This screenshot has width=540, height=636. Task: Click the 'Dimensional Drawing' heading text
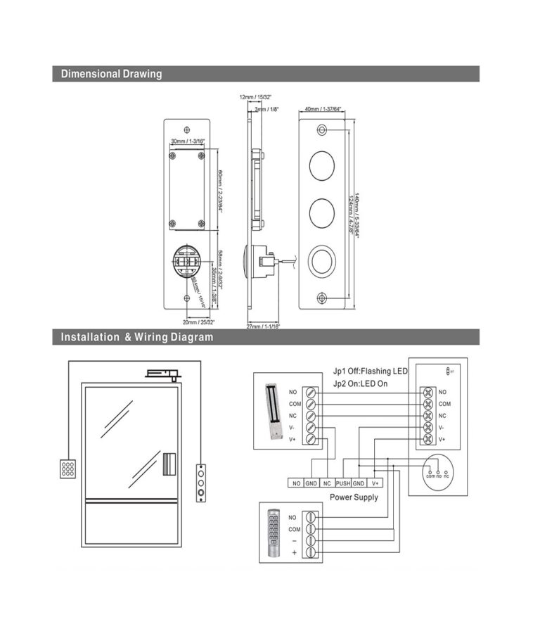tap(111, 74)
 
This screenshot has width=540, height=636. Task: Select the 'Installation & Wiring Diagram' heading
tap(136, 337)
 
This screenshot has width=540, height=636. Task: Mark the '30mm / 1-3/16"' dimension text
tap(186, 141)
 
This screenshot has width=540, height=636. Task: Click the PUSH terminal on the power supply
tap(343, 483)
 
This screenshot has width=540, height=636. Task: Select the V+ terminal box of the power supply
tap(375, 483)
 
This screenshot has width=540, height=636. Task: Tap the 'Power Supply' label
tap(354, 497)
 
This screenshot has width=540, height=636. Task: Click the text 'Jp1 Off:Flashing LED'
tap(370, 371)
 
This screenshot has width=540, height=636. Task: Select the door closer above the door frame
tap(163, 373)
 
